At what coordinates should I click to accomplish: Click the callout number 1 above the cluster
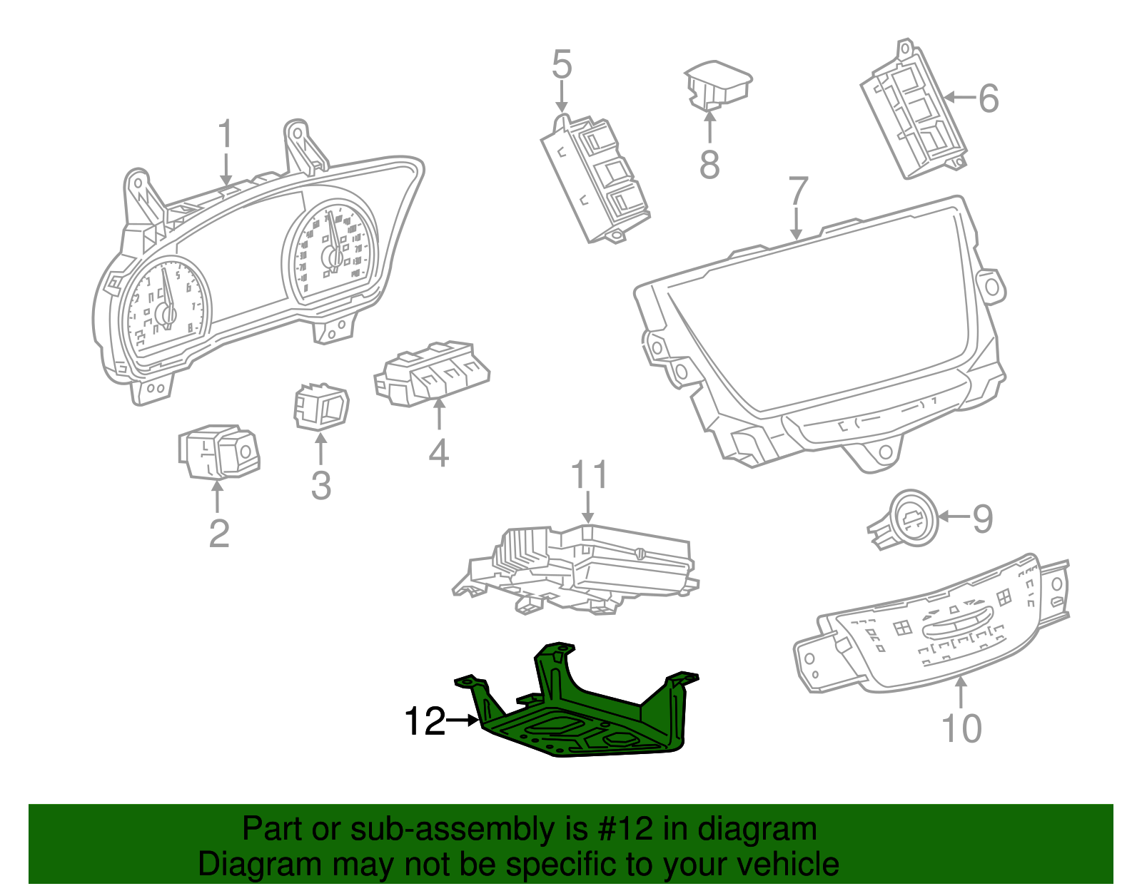(226, 135)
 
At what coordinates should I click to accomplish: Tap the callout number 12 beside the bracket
(424, 722)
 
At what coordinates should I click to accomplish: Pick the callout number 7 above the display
(797, 191)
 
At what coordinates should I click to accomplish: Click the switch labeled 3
(321, 407)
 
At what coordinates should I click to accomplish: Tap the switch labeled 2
(218, 452)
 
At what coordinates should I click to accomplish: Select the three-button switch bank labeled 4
(432, 374)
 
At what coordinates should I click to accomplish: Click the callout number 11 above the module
(590, 475)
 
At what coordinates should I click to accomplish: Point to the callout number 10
(961, 728)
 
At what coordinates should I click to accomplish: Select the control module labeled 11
(578, 567)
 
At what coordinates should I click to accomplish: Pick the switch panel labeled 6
(914, 114)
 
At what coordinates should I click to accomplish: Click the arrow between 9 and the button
(954, 516)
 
